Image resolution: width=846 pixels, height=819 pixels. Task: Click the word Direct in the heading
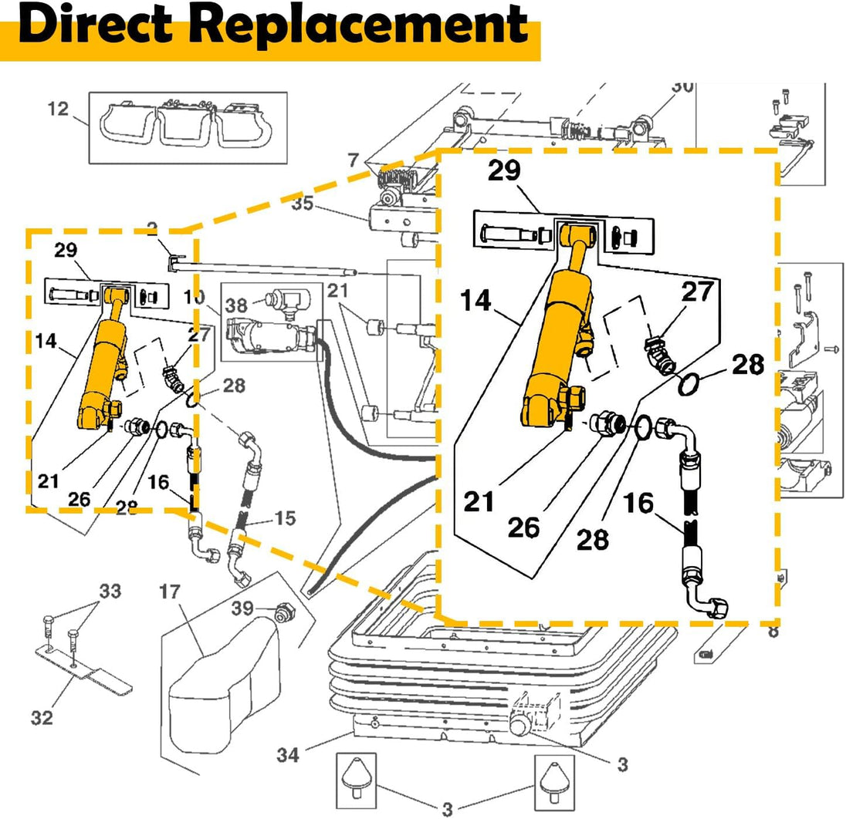(100, 25)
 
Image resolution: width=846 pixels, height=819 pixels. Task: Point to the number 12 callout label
(59, 109)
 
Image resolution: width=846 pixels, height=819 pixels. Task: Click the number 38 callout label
(236, 305)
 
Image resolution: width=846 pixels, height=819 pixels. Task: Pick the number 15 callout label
(285, 519)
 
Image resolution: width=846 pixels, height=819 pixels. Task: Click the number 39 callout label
(243, 608)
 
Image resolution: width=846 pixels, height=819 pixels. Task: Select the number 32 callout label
(42, 718)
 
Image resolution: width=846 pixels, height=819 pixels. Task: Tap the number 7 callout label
(354, 161)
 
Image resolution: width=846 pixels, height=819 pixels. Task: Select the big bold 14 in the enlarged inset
(476, 300)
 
